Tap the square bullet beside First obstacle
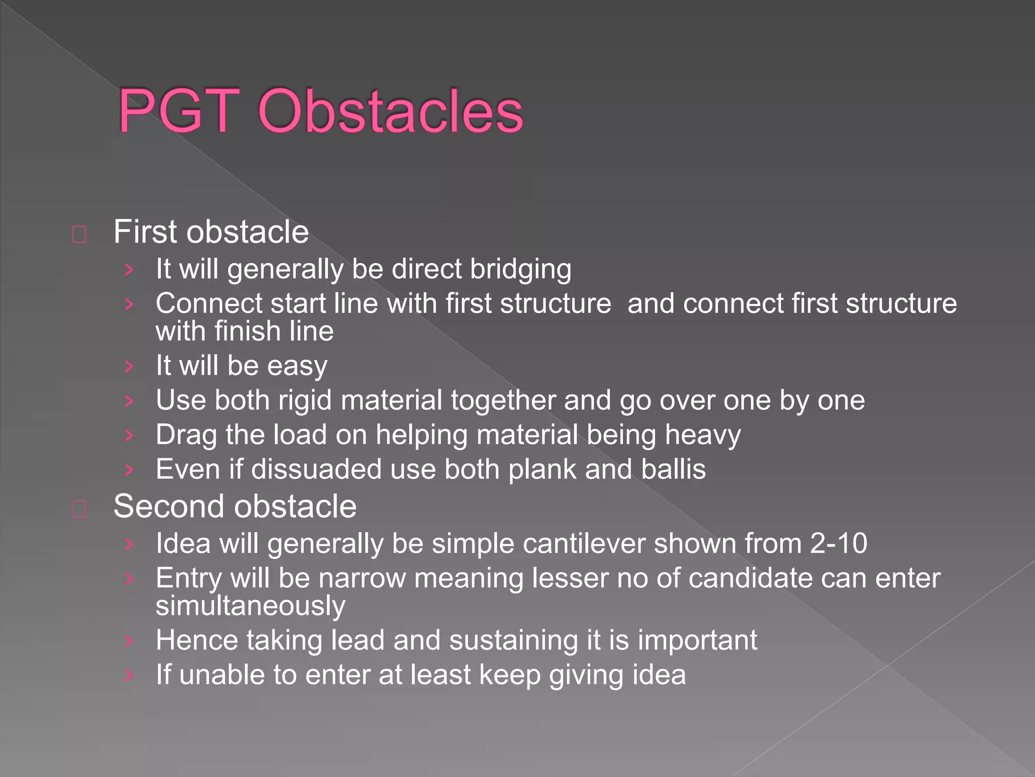(x=79, y=234)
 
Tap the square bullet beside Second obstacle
(x=79, y=509)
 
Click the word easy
(x=297, y=366)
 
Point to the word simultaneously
(x=251, y=606)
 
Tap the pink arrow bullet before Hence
(x=129, y=641)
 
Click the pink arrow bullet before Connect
(x=129, y=304)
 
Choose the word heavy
(x=702, y=435)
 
